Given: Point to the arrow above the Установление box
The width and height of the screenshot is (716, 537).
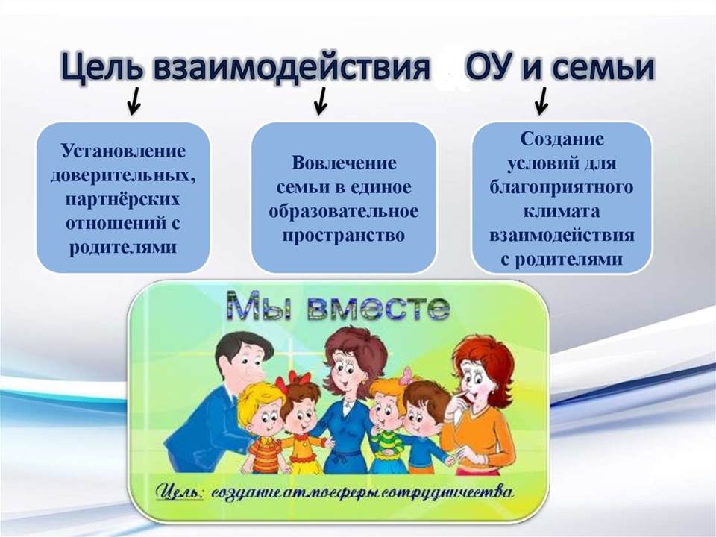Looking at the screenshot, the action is click(x=134, y=101).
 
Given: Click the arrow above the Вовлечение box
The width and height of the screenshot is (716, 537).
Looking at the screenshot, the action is click(x=321, y=101).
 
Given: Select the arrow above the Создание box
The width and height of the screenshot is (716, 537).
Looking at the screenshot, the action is click(x=542, y=101).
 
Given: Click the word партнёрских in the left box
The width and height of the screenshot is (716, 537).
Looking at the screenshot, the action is click(x=122, y=200).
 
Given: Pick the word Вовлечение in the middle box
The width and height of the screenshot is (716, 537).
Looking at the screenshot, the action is click(x=344, y=163).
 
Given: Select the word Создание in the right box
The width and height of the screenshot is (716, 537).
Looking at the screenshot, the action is click(x=562, y=139).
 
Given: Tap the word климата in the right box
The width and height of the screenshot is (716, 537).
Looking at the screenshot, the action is click(x=561, y=211).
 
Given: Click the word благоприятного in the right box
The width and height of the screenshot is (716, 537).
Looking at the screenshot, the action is click(x=561, y=188).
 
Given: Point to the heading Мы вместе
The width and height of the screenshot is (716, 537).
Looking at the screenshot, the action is click(x=339, y=306).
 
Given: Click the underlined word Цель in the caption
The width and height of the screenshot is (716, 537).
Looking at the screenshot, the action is click(x=180, y=492).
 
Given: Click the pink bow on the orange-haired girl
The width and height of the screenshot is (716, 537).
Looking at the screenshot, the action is click(x=406, y=377).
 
